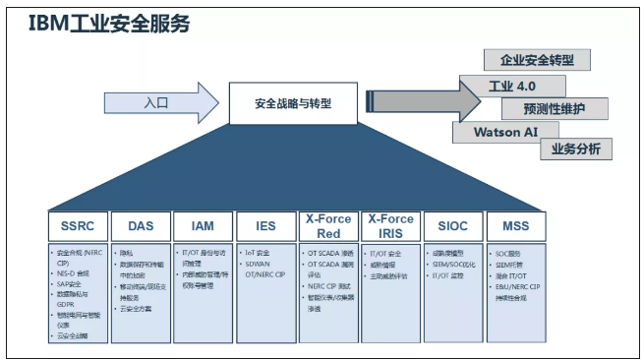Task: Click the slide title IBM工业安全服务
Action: (109, 25)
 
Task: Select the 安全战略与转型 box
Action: (292, 102)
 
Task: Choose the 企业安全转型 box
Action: (538, 60)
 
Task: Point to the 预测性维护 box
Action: (554, 108)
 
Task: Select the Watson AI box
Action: (505, 132)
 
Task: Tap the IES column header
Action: (266, 226)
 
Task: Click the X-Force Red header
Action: (328, 226)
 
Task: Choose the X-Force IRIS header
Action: (389, 226)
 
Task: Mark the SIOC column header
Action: (452, 226)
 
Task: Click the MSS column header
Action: (515, 226)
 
